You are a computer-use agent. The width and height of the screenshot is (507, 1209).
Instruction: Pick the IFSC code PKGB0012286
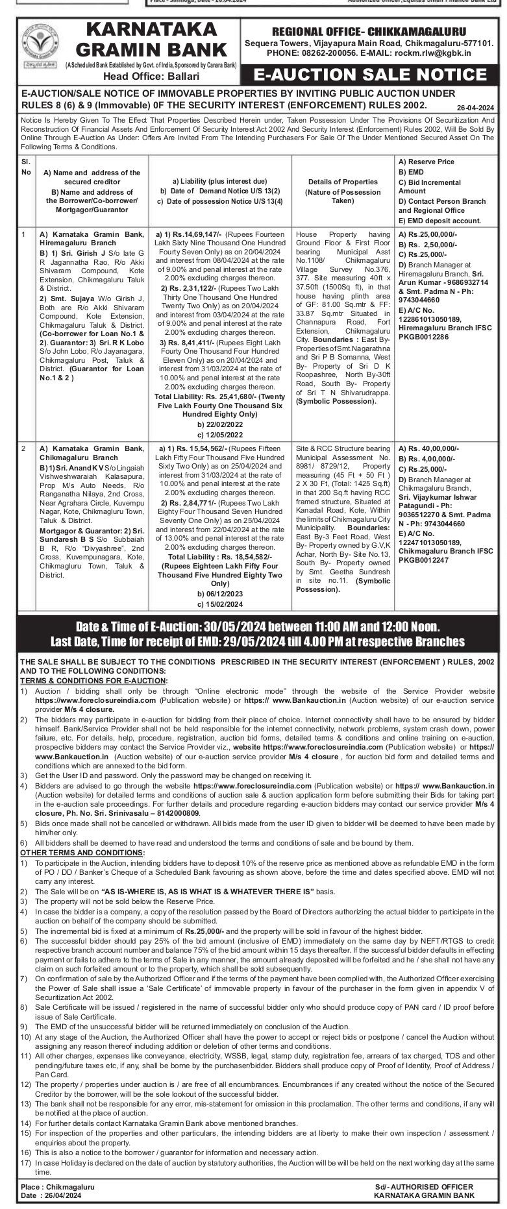428,337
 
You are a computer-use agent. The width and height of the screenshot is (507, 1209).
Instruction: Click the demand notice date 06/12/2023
221,593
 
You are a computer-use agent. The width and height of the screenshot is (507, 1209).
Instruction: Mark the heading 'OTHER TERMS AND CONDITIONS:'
82,852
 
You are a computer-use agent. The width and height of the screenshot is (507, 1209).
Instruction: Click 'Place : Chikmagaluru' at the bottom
58,1186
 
